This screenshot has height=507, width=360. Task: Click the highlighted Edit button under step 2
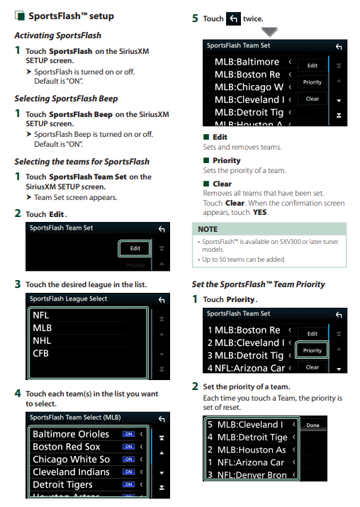pos(135,248)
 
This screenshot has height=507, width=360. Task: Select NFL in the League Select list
pos(40,316)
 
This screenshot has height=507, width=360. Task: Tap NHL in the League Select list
pos(42,340)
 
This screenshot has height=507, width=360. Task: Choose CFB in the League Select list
pos(40,353)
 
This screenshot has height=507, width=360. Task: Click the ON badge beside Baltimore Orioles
pos(128,434)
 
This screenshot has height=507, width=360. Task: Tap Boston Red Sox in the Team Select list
pos(66,447)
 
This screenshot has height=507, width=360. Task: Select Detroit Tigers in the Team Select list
pos(62,485)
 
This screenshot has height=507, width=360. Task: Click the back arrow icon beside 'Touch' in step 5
pos(233,18)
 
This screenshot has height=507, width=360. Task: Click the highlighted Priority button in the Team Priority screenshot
pos(313,350)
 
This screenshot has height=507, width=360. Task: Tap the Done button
pos(313,425)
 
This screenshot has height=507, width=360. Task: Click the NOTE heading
pos(208,229)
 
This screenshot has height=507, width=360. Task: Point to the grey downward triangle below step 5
pos(270,32)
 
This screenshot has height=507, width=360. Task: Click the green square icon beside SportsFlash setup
pos(19,16)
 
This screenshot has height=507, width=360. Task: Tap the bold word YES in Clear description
pos(260,213)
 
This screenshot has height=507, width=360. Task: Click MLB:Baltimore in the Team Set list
pos(247,62)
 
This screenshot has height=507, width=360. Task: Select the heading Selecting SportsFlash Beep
pos(66,99)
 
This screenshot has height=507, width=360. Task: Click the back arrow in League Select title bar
pos(162,301)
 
